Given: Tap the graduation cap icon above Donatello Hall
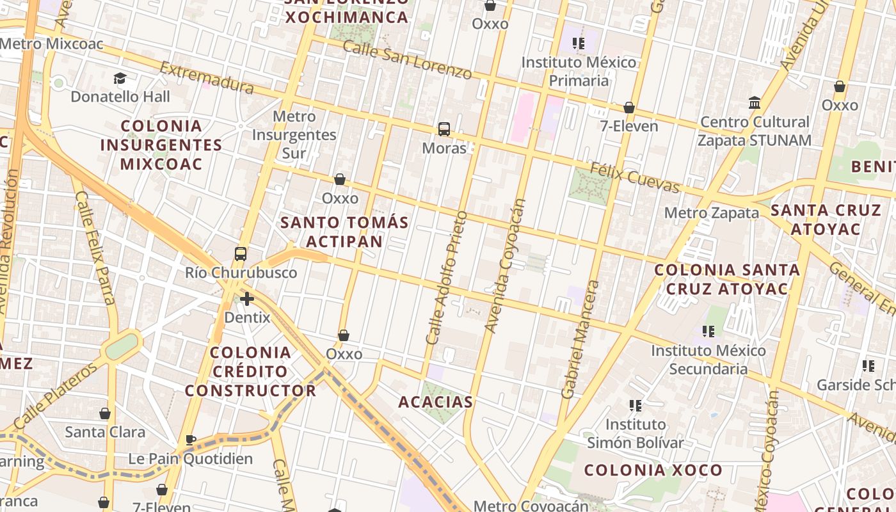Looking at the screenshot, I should (120, 79).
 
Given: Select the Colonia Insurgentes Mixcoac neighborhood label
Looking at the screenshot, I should (161, 145).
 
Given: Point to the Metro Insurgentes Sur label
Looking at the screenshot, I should (294, 134).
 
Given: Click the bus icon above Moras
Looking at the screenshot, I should (444, 129).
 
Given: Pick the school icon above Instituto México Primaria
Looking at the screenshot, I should (579, 44).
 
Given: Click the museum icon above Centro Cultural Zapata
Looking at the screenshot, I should (755, 103).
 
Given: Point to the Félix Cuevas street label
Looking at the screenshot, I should (634, 177).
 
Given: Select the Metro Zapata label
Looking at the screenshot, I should (712, 212).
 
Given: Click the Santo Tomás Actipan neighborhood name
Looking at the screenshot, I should (344, 232).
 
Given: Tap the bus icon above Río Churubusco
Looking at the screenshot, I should (241, 254).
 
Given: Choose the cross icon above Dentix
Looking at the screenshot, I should (247, 299).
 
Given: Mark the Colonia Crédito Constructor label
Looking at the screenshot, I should (251, 371).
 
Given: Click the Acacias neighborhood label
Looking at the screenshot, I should (436, 402).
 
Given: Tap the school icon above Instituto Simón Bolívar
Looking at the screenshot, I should (636, 405).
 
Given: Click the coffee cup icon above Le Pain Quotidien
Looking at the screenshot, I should (190, 440).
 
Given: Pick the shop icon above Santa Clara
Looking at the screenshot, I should (105, 414).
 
